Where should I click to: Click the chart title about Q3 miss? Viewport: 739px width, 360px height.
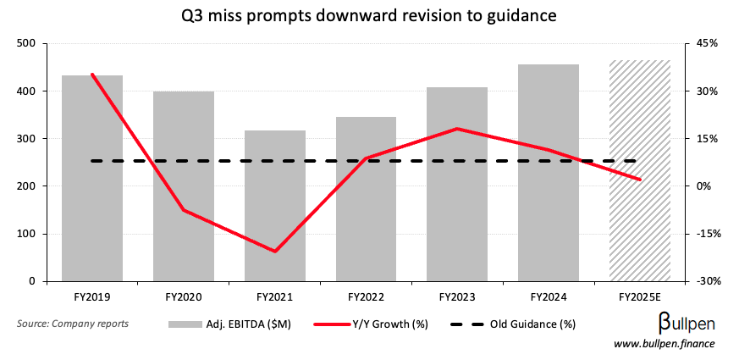tap(369, 15)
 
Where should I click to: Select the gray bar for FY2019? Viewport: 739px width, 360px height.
tap(92, 178)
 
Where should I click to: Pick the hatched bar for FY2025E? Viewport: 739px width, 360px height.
tap(640, 170)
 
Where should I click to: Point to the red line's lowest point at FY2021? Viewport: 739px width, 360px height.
tap(275, 252)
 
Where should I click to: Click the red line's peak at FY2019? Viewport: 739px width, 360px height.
tap(92, 75)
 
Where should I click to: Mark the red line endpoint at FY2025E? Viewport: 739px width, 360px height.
tap(640, 180)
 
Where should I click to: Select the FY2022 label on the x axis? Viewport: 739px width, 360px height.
tap(366, 297)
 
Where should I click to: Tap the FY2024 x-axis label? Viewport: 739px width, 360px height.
tap(549, 297)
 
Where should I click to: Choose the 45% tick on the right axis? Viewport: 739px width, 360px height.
tap(708, 43)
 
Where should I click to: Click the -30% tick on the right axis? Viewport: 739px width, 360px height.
tap(708, 281)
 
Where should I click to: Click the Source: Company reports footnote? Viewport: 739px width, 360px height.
tap(73, 324)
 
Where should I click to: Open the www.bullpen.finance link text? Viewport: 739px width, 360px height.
tap(664, 343)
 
